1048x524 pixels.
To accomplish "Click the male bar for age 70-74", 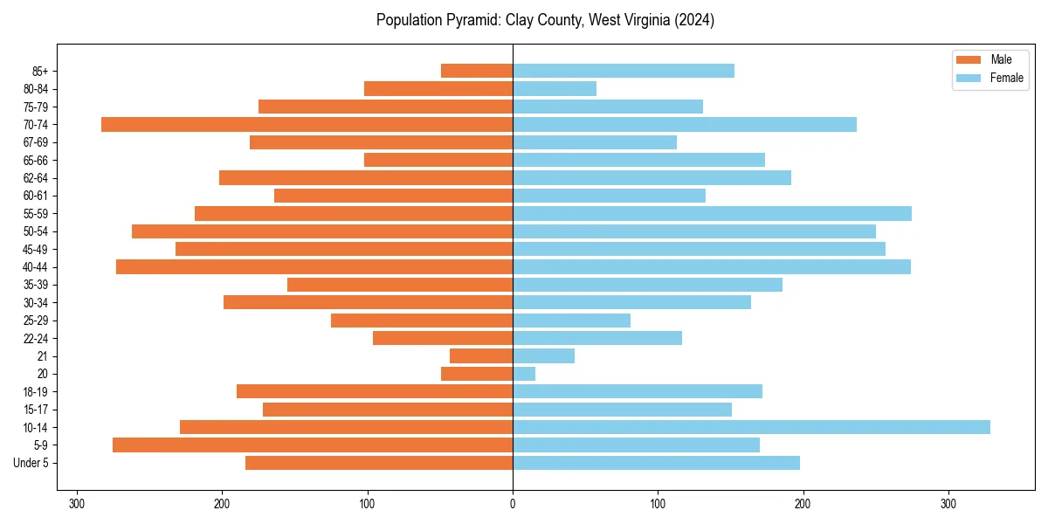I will (x=307, y=125).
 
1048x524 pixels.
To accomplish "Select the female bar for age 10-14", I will (x=751, y=427).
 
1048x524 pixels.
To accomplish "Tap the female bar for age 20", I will (x=524, y=374).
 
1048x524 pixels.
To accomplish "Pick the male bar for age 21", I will (x=481, y=356).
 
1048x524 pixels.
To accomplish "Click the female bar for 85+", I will (x=624, y=71).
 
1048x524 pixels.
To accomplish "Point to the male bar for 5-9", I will (x=313, y=445).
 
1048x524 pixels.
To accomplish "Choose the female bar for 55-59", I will (x=712, y=214).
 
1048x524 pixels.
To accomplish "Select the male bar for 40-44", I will (x=314, y=267).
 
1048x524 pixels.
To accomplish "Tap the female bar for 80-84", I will (x=555, y=89).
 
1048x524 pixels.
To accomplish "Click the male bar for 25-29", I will (x=422, y=321).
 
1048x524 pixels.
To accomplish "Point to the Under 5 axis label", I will (x=31, y=463).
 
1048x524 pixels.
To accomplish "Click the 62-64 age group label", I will (x=36, y=178).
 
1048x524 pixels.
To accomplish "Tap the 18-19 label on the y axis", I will (x=36, y=392).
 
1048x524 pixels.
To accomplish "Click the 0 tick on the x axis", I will (x=513, y=504).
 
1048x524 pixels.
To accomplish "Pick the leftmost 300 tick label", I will (x=77, y=504).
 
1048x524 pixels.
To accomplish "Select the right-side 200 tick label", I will (x=803, y=504).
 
